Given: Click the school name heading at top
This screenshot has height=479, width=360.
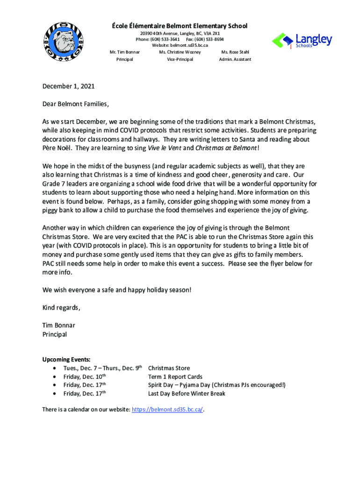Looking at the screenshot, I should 183,26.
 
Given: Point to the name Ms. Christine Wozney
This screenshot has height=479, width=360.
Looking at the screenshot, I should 180,52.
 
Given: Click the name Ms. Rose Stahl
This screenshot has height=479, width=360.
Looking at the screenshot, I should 235,52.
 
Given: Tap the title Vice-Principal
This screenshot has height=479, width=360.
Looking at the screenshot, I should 180,59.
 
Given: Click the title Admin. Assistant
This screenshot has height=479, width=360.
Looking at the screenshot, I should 235,59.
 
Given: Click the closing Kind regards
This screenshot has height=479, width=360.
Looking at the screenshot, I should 61,308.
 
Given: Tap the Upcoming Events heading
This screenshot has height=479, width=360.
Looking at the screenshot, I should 66,359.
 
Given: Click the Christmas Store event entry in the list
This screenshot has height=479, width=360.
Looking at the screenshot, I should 169,368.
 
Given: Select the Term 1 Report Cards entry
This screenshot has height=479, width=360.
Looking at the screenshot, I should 175,377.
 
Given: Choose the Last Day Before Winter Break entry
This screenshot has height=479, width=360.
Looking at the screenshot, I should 187,393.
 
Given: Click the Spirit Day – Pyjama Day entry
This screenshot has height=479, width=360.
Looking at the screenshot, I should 216,385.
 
